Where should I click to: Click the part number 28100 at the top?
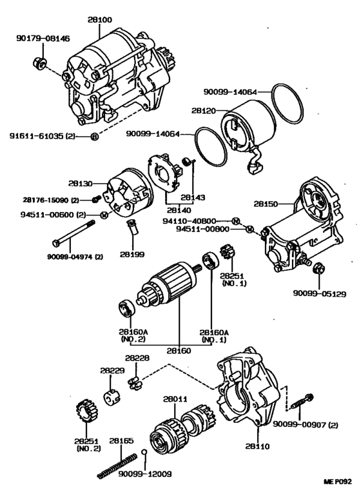click(x=99, y=20)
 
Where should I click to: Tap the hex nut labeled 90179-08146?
click(x=39, y=63)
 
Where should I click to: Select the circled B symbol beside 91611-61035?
click(x=95, y=137)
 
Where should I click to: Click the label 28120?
click(x=204, y=111)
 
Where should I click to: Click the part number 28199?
click(x=132, y=255)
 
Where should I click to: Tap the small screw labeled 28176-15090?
click(x=97, y=199)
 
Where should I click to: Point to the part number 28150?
click(x=266, y=204)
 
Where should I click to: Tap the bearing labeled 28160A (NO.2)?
click(x=127, y=308)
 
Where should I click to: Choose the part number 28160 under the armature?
click(x=179, y=351)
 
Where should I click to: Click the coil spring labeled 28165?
click(x=117, y=466)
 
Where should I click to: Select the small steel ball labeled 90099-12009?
click(x=144, y=452)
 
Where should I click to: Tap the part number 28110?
click(x=258, y=446)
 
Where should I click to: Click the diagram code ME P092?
click(x=338, y=482)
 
